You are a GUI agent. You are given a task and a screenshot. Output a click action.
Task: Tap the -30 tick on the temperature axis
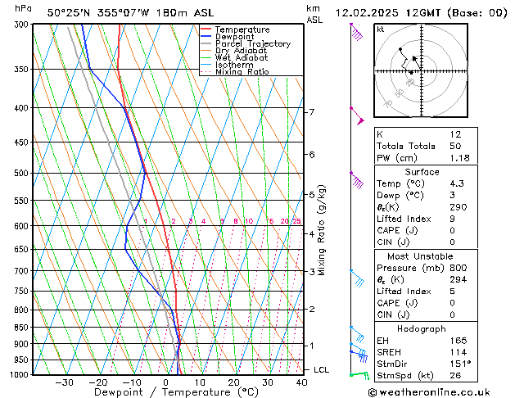[64, 382]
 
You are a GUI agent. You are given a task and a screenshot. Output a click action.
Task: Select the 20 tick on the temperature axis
[234, 382]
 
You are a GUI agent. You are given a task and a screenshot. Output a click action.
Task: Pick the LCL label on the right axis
[322, 370]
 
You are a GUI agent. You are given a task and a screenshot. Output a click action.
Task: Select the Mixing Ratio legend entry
[242, 72]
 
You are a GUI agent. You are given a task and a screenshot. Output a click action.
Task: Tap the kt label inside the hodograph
[381, 29]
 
